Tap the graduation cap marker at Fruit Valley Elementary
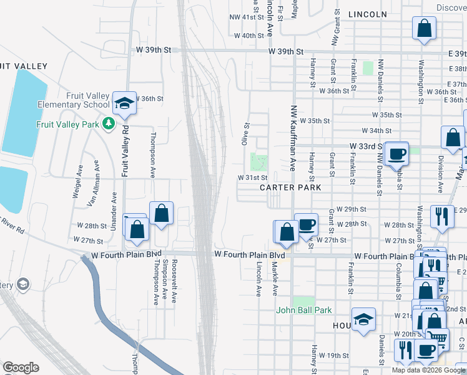124,102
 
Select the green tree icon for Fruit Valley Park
109,124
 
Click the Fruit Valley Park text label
67,124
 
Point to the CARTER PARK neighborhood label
290,187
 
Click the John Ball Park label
304,310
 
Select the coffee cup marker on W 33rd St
397,153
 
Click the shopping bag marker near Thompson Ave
162,214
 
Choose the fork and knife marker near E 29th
442,217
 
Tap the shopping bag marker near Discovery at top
424,28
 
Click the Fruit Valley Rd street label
125,151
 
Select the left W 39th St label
155,49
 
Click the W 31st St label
252,177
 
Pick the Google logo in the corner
21,367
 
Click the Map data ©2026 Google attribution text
428,370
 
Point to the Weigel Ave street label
78,182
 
